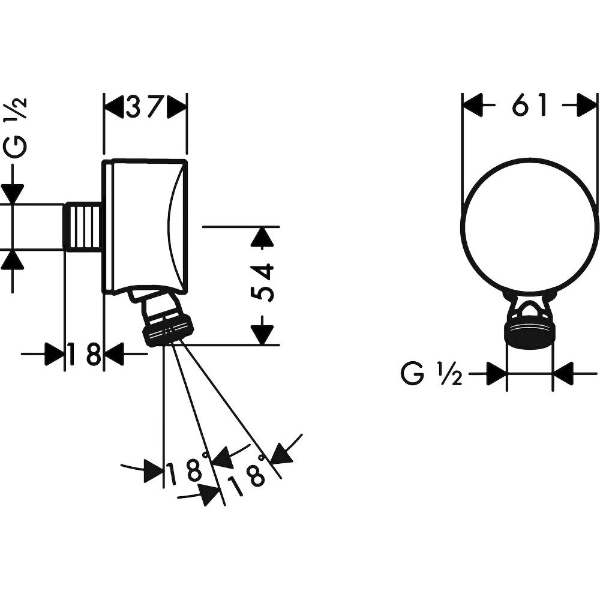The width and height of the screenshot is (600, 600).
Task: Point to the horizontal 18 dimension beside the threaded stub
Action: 84,354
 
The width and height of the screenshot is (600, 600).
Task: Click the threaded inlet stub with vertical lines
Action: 83,227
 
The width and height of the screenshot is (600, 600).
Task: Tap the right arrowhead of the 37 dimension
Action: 176,107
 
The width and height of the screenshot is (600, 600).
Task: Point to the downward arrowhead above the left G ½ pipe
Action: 13,194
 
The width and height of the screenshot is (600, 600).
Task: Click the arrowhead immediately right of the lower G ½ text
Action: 496,373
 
